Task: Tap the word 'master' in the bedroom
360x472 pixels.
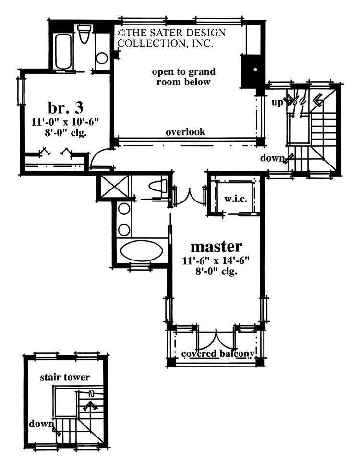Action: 216,247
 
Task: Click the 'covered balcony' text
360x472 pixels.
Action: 217,354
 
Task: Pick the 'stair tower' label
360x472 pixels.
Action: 64,377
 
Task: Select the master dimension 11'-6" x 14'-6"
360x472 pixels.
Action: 216,261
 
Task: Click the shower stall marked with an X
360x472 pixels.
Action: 114,187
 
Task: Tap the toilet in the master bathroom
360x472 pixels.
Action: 157,186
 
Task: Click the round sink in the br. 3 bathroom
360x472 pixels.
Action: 102,58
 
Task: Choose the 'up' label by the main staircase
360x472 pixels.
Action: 277,102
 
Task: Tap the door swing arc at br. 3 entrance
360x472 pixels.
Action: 99,158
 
